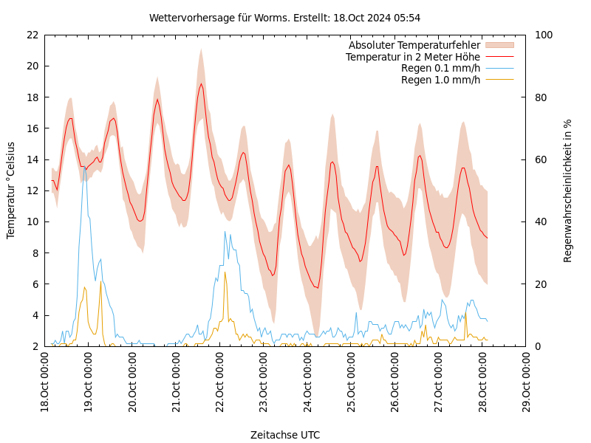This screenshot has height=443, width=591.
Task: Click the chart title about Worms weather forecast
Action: tap(284, 18)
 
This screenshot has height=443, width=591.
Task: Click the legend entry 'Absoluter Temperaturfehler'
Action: tap(414, 46)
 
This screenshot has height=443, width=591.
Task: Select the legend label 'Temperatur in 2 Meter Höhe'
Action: tap(412, 57)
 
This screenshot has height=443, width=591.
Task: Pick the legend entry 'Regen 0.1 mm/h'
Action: tap(440, 69)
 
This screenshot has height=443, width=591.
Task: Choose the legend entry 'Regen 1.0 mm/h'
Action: tap(440, 80)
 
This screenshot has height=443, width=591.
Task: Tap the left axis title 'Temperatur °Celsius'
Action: tap(11, 190)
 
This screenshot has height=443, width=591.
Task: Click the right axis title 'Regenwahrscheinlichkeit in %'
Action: tap(568, 190)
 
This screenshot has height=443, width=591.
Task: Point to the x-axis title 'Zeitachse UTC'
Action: tap(284, 435)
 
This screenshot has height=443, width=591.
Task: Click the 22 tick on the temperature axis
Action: tap(32, 35)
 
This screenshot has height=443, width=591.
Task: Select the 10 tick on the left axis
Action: tap(32, 221)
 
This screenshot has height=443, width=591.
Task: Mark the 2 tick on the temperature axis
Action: tap(35, 346)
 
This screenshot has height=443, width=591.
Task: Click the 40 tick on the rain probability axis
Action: tap(539, 221)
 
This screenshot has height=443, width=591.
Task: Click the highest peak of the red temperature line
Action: tap(201, 83)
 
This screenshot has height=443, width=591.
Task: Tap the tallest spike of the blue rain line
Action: tap(85, 168)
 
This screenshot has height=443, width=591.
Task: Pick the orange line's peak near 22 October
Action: tap(225, 272)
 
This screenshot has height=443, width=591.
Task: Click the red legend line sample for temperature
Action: tap(499, 57)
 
